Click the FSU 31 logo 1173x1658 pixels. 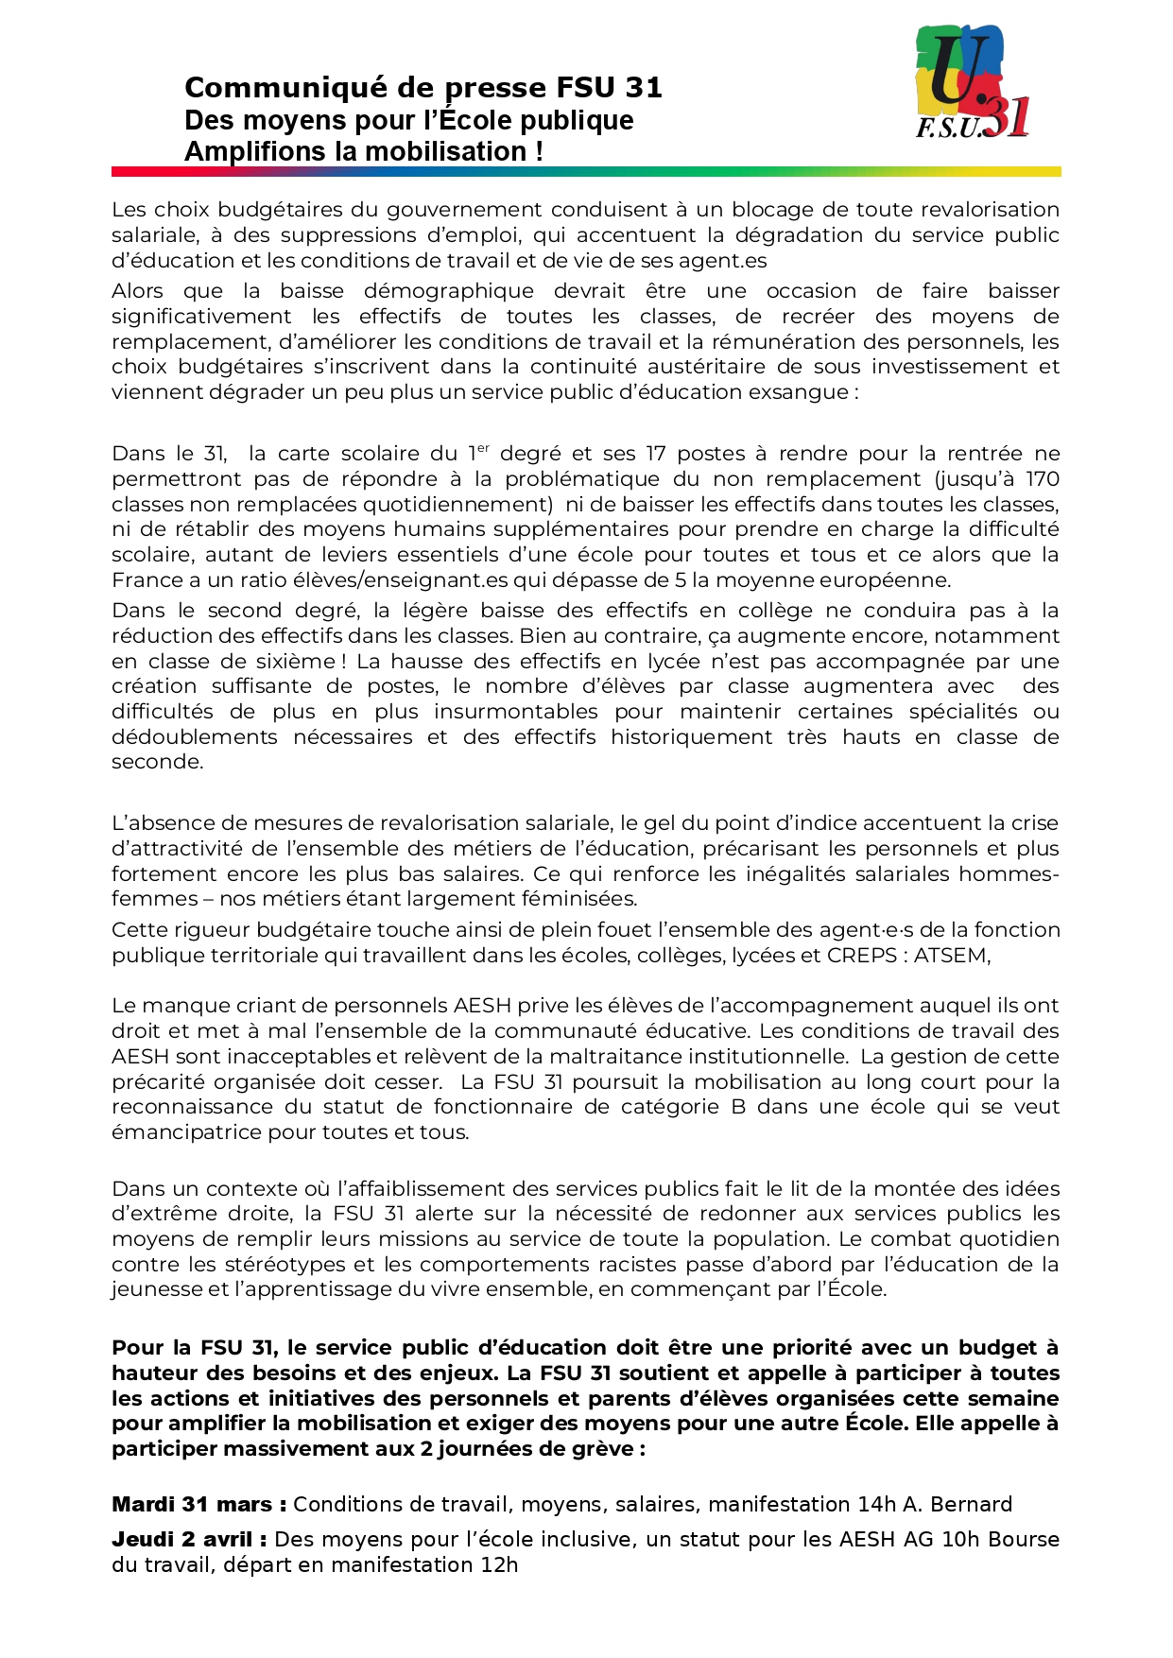(x=972, y=82)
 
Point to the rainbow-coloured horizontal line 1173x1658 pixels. (x=586, y=172)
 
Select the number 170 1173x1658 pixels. (x=1043, y=479)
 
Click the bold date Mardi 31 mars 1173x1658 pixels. (x=192, y=1504)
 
